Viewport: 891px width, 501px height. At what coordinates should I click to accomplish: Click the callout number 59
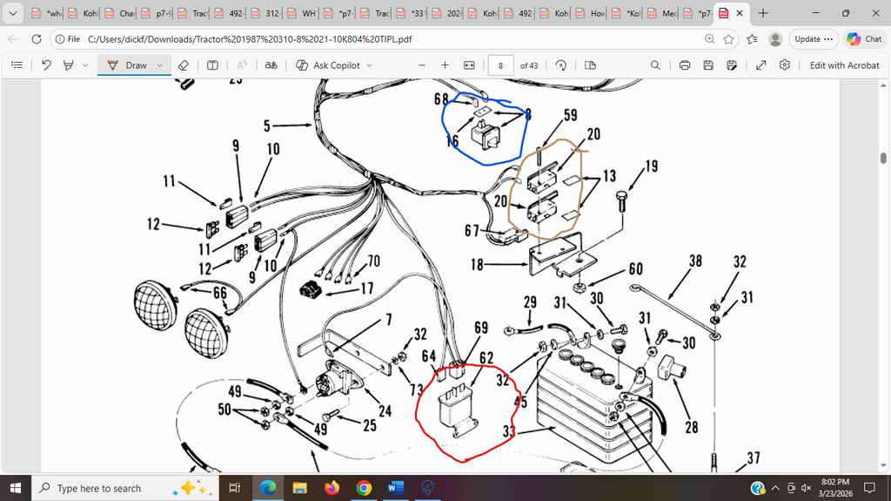point(570,114)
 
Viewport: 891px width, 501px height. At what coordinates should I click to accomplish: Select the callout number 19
point(651,165)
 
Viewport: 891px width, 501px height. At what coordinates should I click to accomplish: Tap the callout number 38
point(695,261)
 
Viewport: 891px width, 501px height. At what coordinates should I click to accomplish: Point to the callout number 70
point(373,261)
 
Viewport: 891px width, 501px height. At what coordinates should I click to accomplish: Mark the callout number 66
point(220,294)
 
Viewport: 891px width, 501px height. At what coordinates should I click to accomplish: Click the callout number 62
point(486,357)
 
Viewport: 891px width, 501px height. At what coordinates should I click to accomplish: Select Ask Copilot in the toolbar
point(334,65)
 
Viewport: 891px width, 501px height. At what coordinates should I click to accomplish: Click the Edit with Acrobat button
point(844,65)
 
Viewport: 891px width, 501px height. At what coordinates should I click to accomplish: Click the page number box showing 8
point(500,65)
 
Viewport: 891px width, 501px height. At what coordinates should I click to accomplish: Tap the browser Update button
point(814,38)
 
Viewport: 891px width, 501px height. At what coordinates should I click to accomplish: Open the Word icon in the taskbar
point(395,488)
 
